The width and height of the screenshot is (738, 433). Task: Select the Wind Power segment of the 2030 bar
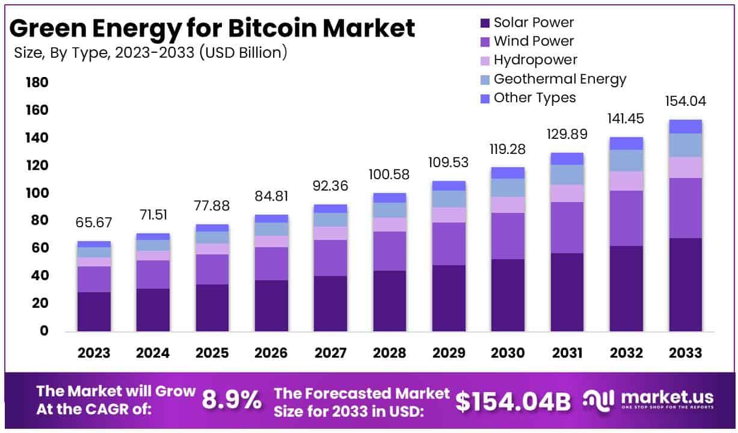[508, 236]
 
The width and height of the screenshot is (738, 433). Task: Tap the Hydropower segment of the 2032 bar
[626, 181]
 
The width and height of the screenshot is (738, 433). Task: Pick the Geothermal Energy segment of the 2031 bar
[567, 174]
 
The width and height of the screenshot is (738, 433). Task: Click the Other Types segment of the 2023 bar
[94, 244]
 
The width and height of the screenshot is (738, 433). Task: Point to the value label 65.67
[94, 223]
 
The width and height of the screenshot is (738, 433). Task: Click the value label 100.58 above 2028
[389, 175]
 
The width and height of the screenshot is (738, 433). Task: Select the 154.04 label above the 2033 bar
[685, 101]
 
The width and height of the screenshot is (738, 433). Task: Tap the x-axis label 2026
[271, 353]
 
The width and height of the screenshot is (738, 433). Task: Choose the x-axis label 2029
[448, 353]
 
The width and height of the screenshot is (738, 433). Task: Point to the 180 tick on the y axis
[37, 82]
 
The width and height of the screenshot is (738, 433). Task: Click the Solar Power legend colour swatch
[485, 23]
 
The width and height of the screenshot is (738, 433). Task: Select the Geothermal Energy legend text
[559, 79]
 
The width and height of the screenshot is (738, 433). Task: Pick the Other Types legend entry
[534, 97]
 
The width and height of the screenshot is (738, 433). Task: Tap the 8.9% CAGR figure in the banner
[232, 400]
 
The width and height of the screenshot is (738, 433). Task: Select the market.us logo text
[667, 398]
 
